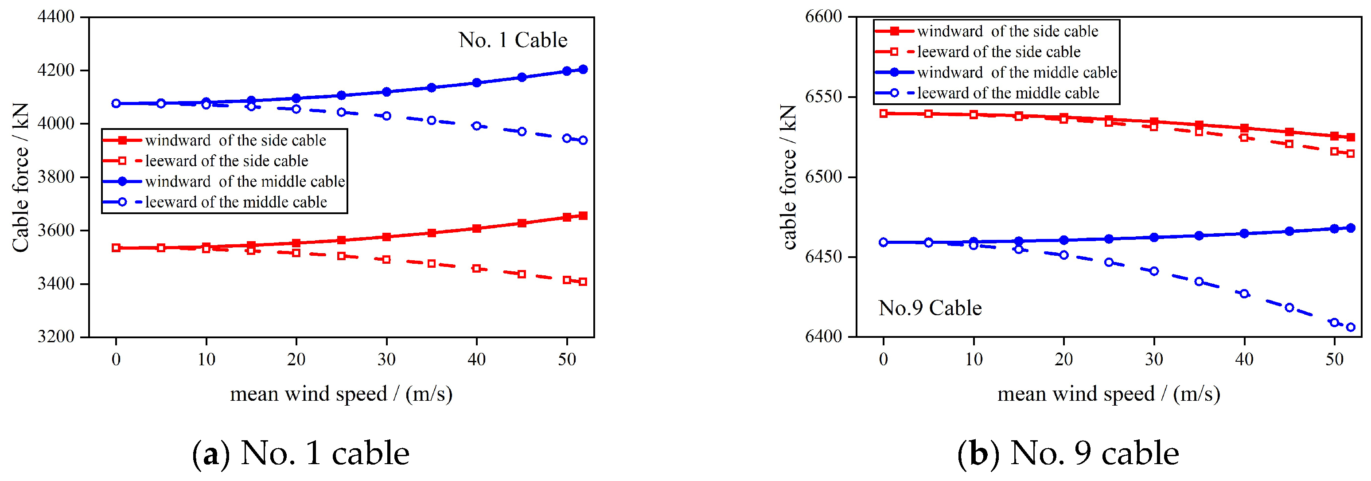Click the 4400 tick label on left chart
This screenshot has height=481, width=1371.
56,16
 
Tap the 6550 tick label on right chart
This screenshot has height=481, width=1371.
823,97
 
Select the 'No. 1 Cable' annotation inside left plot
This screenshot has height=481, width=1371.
513,40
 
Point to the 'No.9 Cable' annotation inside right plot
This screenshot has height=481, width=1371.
930,308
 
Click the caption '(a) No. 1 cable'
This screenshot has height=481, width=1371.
301,454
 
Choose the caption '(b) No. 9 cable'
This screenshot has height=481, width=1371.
1068,454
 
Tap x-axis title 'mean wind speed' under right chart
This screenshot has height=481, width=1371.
1108,394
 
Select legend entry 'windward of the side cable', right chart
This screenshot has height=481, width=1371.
1007,31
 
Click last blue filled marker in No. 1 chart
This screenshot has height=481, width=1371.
583,69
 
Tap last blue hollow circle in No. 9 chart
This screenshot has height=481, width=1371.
1350,327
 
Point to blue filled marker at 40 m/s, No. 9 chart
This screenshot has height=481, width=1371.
1244,234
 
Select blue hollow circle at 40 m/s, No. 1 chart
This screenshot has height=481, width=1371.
476,126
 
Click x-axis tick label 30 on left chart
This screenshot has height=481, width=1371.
386,360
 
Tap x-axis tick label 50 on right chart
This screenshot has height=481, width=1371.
1334,360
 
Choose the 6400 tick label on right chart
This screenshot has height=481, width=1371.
823,336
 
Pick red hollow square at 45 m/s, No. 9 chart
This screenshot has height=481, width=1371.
1289,144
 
